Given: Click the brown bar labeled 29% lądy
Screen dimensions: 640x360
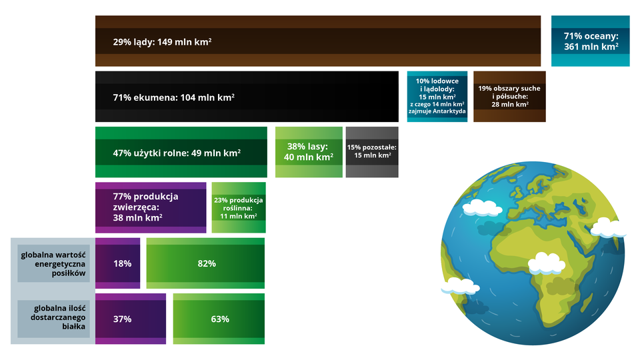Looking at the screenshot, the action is [x=318, y=41].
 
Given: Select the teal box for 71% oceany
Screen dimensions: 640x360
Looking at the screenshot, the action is [x=590, y=41].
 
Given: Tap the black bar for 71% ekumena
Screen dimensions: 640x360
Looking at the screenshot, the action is [x=247, y=97].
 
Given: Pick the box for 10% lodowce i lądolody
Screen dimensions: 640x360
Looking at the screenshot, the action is [x=437, y=97].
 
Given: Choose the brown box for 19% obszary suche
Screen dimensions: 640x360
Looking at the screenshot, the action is [x=509, y=97].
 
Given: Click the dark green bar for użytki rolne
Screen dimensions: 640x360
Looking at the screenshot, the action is [x=181, y=152].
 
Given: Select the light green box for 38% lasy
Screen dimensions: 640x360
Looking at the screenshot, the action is [x=309, y=152].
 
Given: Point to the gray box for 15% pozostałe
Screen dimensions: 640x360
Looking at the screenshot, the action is [x=372, y=152].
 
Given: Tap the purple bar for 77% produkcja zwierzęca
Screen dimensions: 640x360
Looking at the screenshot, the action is [x=151, y=208].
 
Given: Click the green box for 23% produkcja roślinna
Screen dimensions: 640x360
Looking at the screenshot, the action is [x=239, y=208].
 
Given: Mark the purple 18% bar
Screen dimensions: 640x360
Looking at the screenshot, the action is [x=117, y=263].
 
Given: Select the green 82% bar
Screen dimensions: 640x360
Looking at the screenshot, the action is [x=205, y=263].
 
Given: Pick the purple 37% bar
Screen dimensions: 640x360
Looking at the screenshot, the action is [x=131, y=319].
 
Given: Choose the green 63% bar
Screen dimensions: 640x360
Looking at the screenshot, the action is [x=219, y=319].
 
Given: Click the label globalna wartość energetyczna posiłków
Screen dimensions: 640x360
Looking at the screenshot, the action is [x=53, y=264].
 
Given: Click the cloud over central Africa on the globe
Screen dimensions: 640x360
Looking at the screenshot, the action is [x=546, y=263].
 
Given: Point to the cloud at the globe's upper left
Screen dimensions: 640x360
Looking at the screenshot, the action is [x=482, y=207].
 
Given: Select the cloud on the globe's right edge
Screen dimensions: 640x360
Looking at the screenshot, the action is [x=608, y=228].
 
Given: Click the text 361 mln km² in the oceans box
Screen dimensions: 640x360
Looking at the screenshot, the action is [x=591, y=47].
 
